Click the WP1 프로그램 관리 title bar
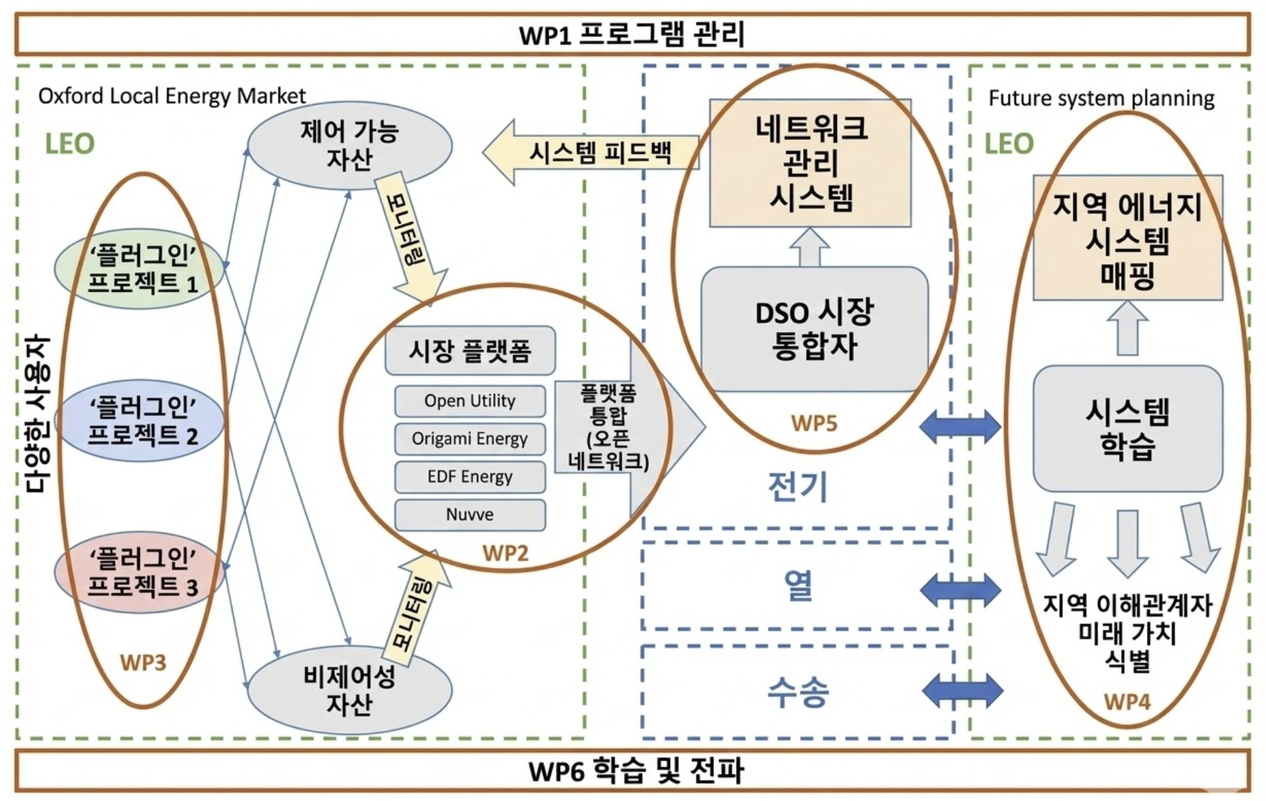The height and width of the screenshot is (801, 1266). tap(632, 34)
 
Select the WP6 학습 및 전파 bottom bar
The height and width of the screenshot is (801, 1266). tap(632, 771)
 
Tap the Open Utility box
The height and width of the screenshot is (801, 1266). tap(470, 401)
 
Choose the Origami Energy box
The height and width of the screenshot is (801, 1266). tap(470, 439)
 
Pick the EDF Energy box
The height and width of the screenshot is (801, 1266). tap(470, 477)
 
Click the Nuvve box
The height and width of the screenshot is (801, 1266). tap(470, 515)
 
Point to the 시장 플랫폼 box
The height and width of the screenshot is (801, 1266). tap(470, 350)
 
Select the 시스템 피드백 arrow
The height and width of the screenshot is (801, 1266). tap(592, 153)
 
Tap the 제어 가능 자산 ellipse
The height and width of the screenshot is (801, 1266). tap(350, 145)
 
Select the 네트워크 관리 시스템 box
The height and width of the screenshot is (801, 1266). tap(811, 163)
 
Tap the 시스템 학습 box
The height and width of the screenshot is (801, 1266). tap(1127, 428)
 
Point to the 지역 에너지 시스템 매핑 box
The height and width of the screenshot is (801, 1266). tap(1127, 238)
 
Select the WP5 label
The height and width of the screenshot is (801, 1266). tap(814, 423)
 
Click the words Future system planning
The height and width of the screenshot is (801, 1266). tap(1101, 98)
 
